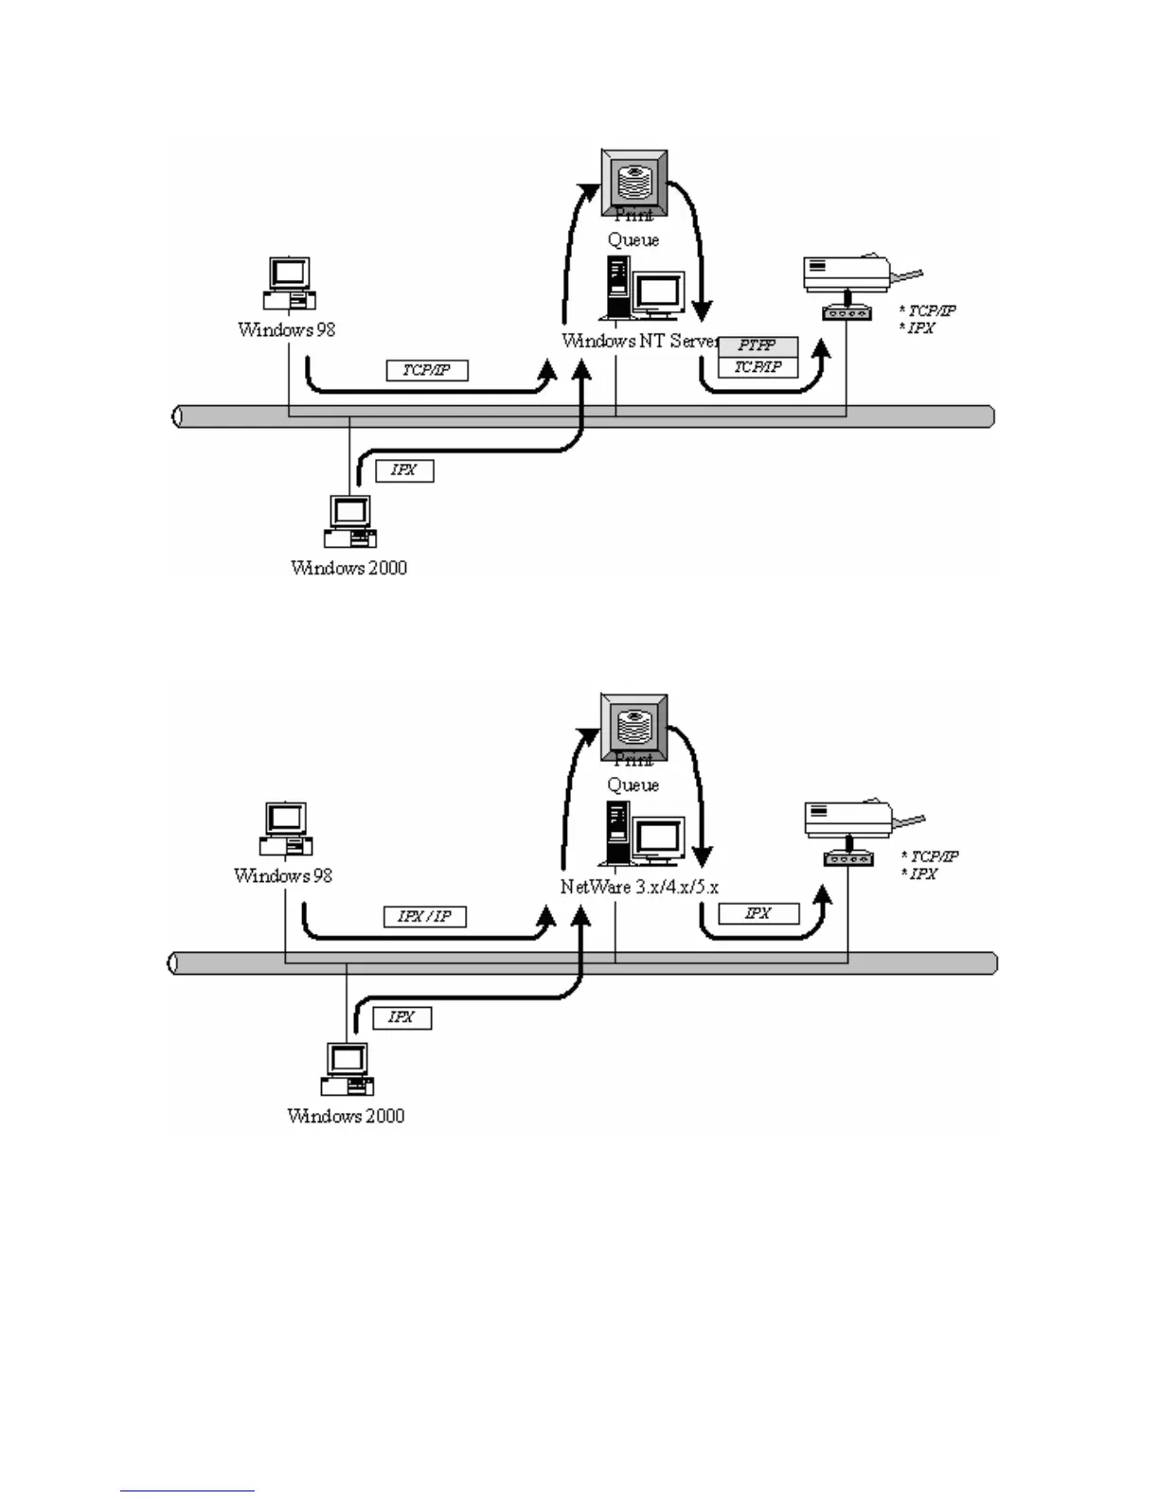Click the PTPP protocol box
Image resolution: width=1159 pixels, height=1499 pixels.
point(758,346)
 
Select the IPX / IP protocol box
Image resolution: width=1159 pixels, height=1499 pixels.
point(424,916)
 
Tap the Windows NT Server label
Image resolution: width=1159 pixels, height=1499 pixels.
point(640,341)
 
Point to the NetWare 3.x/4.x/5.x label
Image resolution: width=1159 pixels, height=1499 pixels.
point(639,887)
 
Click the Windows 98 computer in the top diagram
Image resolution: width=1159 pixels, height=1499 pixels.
point(288,283)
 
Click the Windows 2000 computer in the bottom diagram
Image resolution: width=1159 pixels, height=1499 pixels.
point(348,1070)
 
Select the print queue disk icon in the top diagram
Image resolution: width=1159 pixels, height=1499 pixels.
point(634,181)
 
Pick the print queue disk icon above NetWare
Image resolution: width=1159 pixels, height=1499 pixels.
point(634,726)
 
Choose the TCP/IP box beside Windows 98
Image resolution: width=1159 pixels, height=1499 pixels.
point(427,370)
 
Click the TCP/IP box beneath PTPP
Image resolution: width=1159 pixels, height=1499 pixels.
point(758,367)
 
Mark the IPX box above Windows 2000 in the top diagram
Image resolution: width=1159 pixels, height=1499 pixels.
point(404,470)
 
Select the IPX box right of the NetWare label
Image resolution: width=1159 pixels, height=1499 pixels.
point(758,913)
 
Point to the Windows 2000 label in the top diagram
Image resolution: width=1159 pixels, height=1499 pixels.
point(348,568)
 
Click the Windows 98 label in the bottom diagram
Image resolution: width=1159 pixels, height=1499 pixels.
point(283,875)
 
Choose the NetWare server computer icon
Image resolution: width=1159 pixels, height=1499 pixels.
point(641,834)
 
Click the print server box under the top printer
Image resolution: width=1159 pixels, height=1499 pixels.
point(846,312)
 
